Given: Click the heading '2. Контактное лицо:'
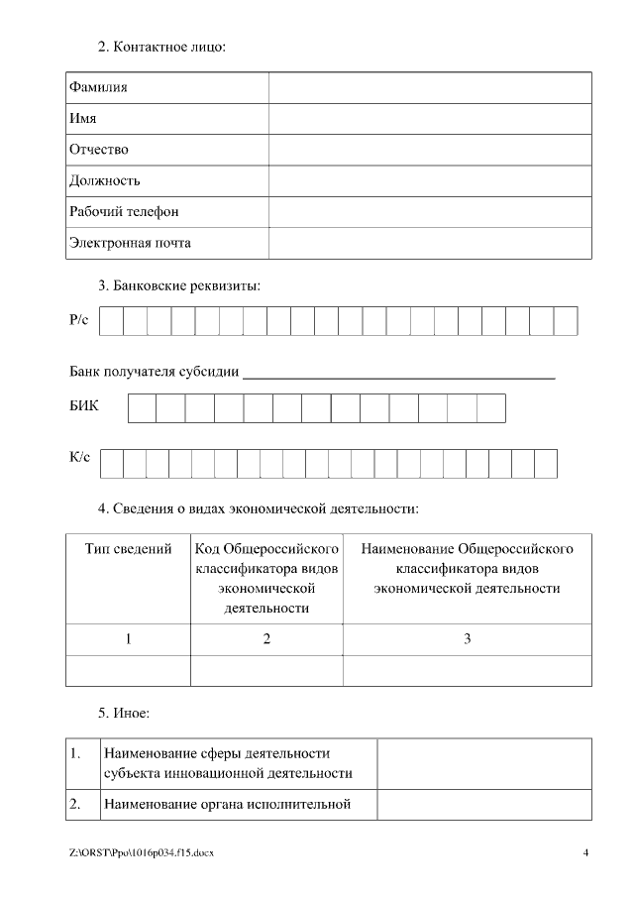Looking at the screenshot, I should (x=161, y=47).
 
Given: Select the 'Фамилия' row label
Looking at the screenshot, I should (x=98, y=87).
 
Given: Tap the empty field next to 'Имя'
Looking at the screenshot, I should (x=430, y=118).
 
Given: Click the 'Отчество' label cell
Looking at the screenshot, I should (x=99, y=150).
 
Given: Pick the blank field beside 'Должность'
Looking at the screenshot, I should (x=430, y=180).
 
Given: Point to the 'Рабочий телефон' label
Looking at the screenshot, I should (x=124, y=212).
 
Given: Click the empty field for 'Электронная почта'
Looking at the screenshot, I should (x=430, y=243).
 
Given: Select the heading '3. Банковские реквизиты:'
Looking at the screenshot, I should (x=178, y=286).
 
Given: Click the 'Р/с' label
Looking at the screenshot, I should (x=79, y=320).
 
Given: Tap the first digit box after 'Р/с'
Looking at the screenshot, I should (x=112, y=321).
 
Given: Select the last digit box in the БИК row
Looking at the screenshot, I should (x=491, y=408).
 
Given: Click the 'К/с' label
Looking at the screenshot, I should (x=80, y=457).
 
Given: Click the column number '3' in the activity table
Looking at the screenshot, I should (x=467, y=639).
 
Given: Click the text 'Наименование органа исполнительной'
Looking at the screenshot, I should (x=227, y=804).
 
